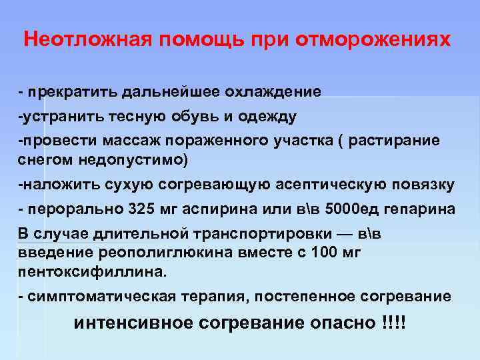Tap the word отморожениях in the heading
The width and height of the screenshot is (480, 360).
(377, 39)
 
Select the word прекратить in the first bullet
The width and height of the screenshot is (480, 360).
(64, 91)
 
